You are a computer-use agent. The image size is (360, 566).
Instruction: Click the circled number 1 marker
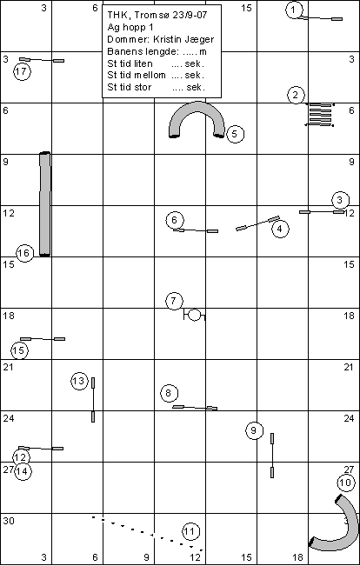294,10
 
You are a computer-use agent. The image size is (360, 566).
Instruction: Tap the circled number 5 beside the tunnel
235,134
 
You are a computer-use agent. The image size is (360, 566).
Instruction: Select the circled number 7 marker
174,301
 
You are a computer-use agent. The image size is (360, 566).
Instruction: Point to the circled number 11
190,531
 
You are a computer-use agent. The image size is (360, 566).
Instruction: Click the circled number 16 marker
24,253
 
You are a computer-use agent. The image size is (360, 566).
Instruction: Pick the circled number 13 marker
79,381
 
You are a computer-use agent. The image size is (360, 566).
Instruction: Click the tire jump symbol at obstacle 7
194,315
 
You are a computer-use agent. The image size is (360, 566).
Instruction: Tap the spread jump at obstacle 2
319,115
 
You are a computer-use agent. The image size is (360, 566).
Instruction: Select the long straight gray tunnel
44,204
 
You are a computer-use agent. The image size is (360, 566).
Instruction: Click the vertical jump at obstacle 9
272,456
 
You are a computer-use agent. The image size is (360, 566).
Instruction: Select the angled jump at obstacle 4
257,223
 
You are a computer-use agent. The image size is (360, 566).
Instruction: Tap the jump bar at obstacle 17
42,60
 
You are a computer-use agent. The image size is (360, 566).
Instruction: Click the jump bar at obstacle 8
195,408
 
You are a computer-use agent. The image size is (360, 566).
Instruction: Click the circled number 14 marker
23,471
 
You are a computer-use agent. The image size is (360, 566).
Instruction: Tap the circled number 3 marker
340,200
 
